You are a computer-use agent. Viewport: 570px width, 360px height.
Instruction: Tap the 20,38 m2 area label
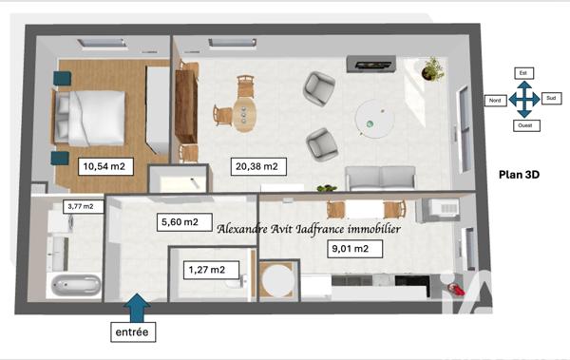coord(256,167)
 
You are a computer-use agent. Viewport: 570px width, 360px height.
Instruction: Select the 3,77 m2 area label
coord(80,206)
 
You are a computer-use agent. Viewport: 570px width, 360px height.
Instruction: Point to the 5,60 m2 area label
coord(179,222)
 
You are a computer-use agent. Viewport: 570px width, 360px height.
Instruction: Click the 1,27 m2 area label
coord(205,270)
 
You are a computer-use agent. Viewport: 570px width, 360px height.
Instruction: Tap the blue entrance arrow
coord(136,306)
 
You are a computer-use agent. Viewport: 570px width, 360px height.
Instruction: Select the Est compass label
coord(522,72)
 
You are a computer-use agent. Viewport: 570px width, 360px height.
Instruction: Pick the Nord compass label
coord(494,100)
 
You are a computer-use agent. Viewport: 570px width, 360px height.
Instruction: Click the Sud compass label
coord(551,98)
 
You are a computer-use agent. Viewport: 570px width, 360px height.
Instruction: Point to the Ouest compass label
coord(522,124)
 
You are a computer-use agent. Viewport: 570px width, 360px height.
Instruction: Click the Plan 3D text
coord(521,175)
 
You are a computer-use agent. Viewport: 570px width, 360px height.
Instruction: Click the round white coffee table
coord(371,119)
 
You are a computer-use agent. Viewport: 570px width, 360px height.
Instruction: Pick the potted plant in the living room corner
coord(433,68)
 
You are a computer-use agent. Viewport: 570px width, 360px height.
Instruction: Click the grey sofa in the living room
coord(380,178)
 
